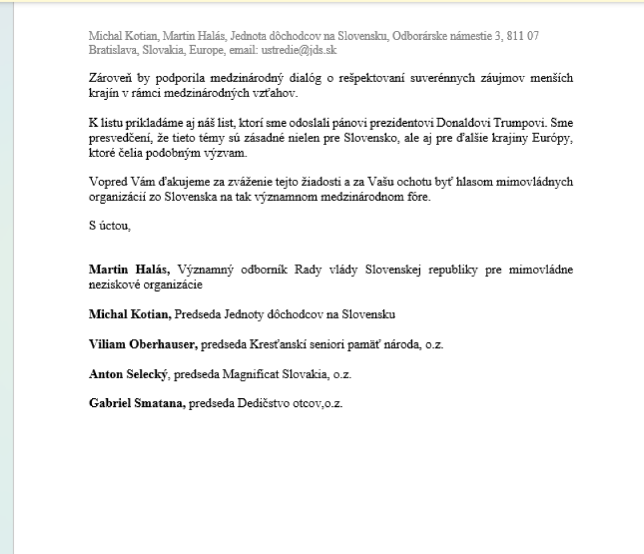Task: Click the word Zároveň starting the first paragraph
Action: [x=108, y=79]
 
